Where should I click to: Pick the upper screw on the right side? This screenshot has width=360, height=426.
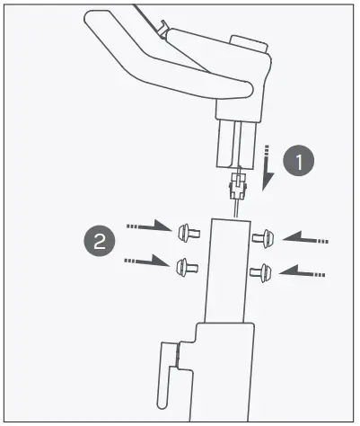[x=261, y=238]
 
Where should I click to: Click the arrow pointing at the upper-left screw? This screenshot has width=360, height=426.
[x=147, y=228]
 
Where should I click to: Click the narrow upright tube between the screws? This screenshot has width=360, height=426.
[x=225, y=270]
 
